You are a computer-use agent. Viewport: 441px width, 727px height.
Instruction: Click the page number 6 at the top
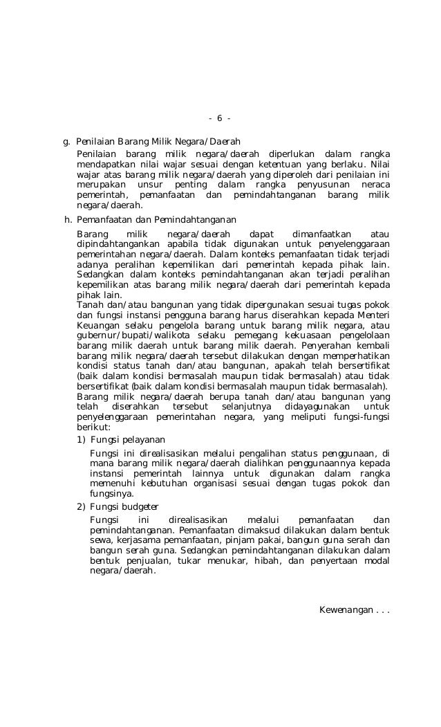(219, 118)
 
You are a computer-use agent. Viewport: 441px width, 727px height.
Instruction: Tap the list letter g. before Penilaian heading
(67, 141)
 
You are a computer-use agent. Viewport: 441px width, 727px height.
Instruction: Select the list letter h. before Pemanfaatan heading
(67, 221)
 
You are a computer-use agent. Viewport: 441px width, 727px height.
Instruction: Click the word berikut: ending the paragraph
(94, 427)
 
